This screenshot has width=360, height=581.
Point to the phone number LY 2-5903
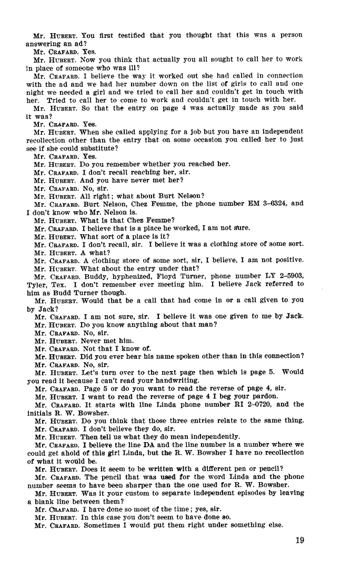coord(288,276)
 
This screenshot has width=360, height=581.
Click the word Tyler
coord(37,284)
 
